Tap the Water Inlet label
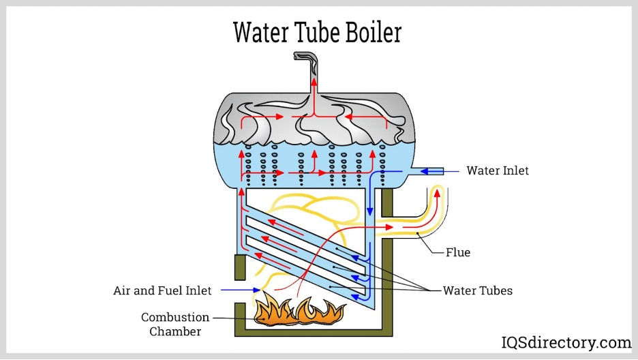pyautogui.click(x=497, y=170)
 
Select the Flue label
pyautogui.click(x=458, y=252)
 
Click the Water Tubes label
pyautogui.click(x=477, y=290)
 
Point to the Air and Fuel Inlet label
pyautogui.click(x=162, y=290)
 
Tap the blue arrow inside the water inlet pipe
pyautogui.click(x=429, y=171)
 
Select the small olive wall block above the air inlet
pyautogui.click(x=239, y=267)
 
